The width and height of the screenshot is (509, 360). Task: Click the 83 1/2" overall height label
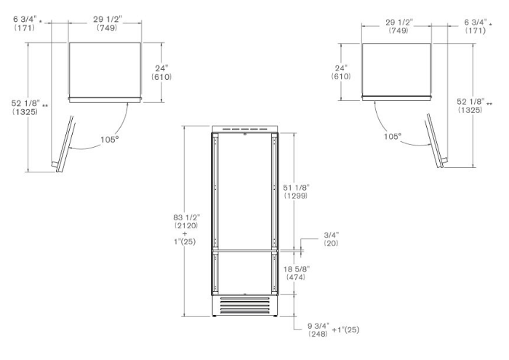[x=186, y=221]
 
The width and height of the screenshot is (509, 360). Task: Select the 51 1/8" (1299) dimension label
[x=296, y=191]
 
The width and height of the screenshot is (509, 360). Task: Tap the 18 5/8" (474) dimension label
[x=296, y=273]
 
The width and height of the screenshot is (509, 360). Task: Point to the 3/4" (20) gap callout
[x=331, y=239]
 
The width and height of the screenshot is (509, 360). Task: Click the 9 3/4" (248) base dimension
[x=318, y=329]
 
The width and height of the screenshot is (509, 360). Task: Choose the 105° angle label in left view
[x=109, y=140]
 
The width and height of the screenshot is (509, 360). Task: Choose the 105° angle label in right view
[x=393, y=136]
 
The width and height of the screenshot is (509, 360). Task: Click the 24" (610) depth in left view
[x=161, y=73]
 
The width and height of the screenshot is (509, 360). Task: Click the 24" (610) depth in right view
[x=341, y=72]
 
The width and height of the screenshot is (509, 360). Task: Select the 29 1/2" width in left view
[x=107, y=23]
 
